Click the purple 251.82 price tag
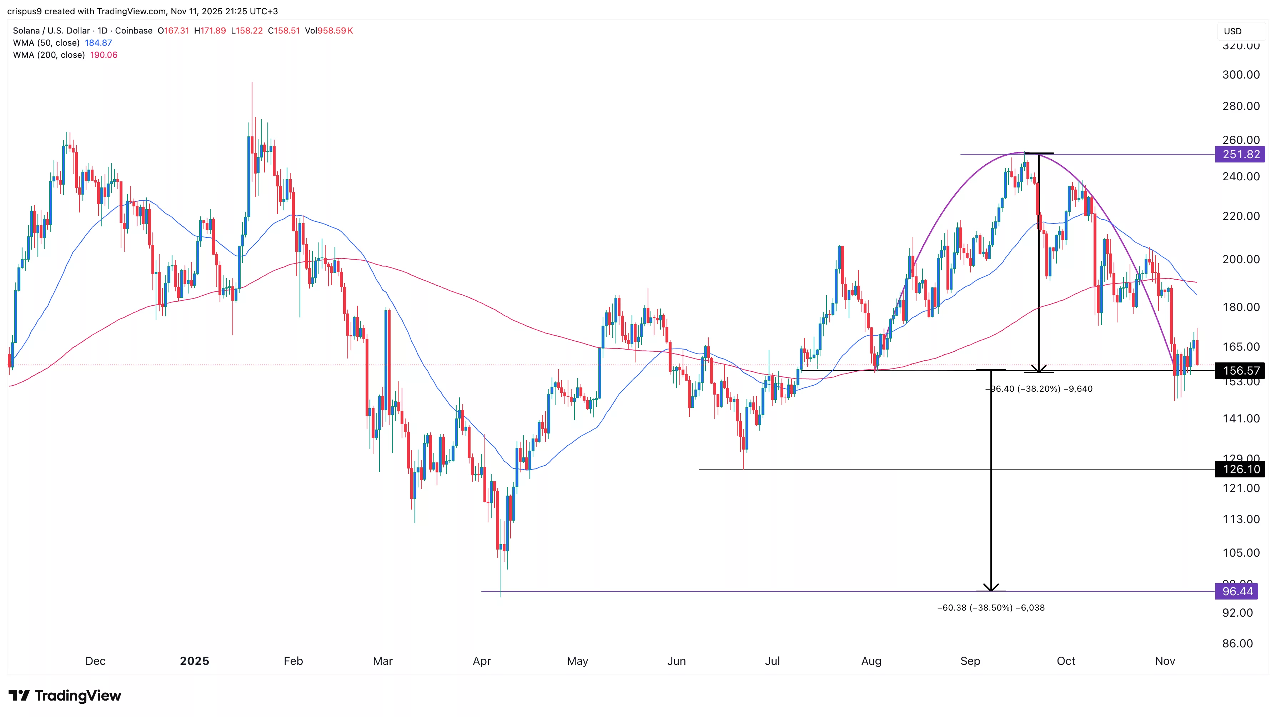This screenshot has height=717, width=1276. [1240, 155]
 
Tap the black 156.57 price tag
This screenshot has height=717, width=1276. [1240, 371]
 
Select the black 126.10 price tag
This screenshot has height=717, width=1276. [1240, 469]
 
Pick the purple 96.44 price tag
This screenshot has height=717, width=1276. [1237, 591]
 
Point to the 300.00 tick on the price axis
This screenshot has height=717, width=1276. [1240, 75]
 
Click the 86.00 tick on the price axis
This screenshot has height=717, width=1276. [1237, 644]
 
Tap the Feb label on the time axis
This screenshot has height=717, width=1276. [293, 661]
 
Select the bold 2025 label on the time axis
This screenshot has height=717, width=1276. [194, 661]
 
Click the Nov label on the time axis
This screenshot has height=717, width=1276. [1165, 661]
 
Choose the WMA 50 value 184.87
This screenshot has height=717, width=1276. [98, 42]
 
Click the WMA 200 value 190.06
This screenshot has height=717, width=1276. [104, 55]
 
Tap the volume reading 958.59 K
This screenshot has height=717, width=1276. [335, 31]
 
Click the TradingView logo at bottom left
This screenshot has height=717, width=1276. [65, 696]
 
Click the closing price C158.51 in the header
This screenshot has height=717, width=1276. [284, 31]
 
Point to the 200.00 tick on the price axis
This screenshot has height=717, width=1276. [1240, 259]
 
